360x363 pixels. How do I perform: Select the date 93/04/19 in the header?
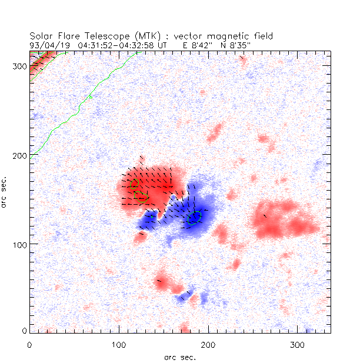coord(45,45)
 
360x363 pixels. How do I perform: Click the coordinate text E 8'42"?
coord(197,45)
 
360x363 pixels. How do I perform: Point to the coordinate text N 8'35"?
coord(235,45)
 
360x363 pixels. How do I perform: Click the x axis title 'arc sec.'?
coord(180,357)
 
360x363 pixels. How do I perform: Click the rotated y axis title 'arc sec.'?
coord(5,192)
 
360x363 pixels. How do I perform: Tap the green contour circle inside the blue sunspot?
coord(195,218)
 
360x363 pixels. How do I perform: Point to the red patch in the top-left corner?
coord(41,59)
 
